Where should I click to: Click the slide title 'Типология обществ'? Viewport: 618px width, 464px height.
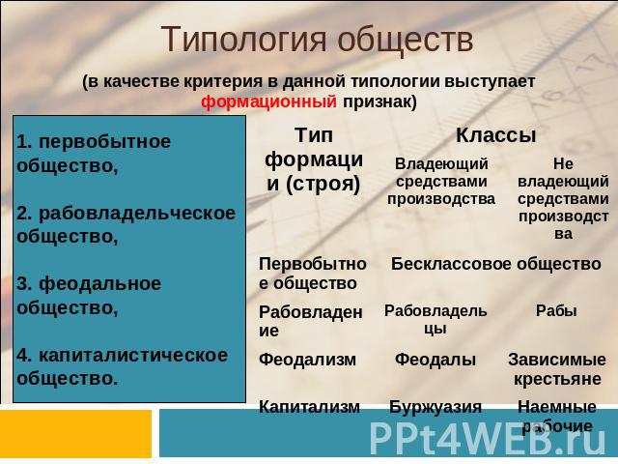point(318,40)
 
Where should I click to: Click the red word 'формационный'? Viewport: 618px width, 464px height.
point(268,101)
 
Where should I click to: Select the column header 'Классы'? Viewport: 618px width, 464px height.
point(495,135)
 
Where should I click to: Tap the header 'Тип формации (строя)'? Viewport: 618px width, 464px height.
point(314,159)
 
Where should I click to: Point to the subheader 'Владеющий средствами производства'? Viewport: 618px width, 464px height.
point(441,181)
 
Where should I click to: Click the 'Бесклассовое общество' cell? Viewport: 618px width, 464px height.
point(495,264)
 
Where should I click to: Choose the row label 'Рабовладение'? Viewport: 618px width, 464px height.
point(311,321)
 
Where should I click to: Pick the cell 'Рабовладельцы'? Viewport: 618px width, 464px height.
point(435,319)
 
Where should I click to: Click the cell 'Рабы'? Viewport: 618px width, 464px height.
point(556,311)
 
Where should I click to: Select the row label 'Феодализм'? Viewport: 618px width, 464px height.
point(307,360)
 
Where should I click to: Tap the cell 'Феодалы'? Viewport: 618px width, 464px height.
point(435,360)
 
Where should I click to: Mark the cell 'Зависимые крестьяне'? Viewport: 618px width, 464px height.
point(557,369)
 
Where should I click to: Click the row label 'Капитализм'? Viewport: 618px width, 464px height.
point(309,407)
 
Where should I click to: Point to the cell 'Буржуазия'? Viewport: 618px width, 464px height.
point(435,407)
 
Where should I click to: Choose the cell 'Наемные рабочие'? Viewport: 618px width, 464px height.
point(557,417)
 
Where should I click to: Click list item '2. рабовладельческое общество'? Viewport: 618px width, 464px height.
point(126,225)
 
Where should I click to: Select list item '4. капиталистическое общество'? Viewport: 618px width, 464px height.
point(123,367)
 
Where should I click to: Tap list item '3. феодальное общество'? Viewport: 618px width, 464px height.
point(89,296)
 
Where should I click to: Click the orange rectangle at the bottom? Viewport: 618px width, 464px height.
point(75,434)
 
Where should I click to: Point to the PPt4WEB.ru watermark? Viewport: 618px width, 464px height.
point(488,439)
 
